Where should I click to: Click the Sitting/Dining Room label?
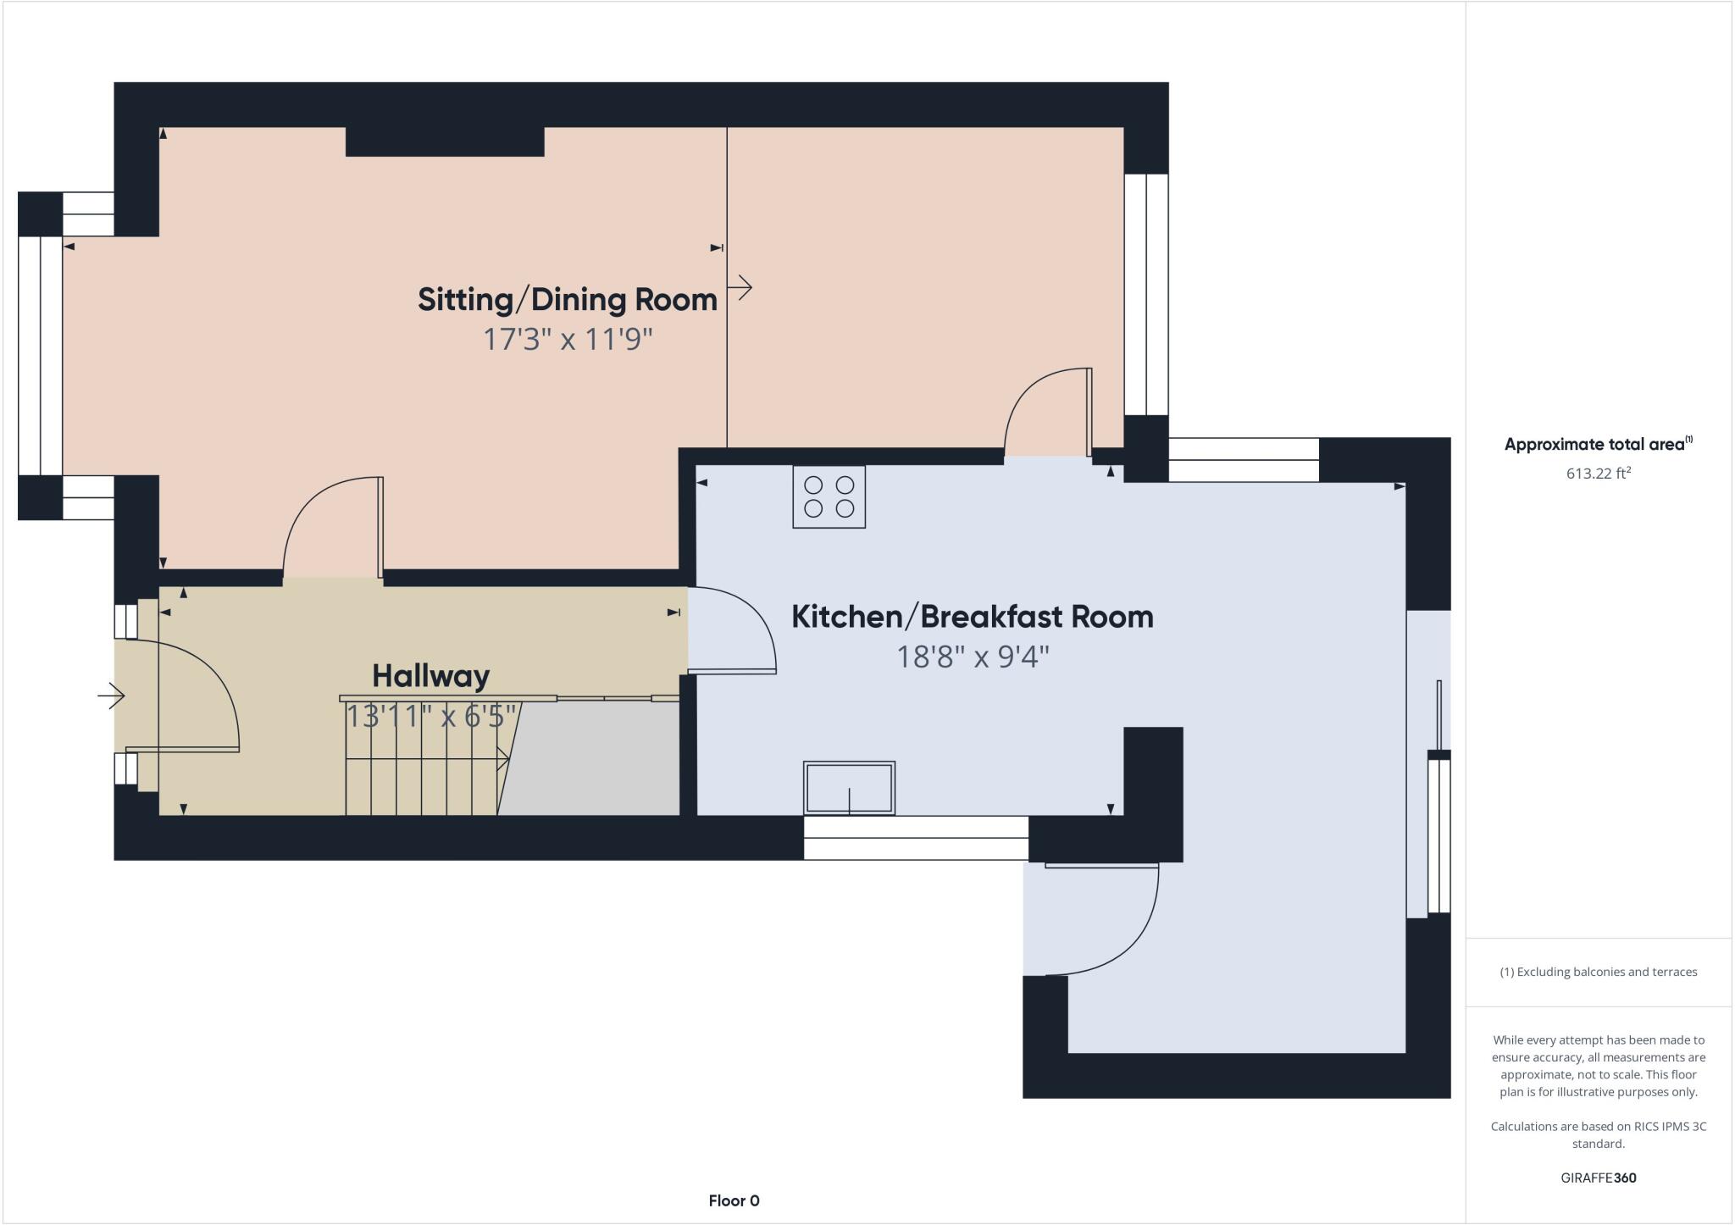pyautogui.click(x=567, y=300)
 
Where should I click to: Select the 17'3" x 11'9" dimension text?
pyautogui.click(x=567, y=340)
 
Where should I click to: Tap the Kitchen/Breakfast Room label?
pyautogui.click(x=972, y=617)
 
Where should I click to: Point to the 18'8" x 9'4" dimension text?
pyautogui.click(x=972, y=657)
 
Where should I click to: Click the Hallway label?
pyautogui.click(x=430, y=676)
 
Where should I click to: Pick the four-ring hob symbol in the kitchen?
pyautogui.click(x=829, y=497)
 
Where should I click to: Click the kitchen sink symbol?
pyautogui.click(x=849, y=788)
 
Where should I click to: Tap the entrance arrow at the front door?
pyautogui.click(x=111, y=696)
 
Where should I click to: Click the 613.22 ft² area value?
pyautogui.click(x=1598, y=474)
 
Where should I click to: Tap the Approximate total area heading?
pyautogui.click(x=1597, y=444)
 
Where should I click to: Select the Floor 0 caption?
pyautogui.click(x=734, y=1200)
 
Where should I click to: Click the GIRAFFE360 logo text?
pyautogui.click(x=1598, y=1178)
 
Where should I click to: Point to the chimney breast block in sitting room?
pyautogui.click(x=445, y=142)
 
